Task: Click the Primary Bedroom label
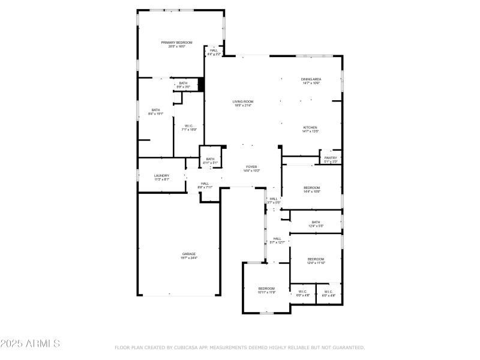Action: (x=176, y=44)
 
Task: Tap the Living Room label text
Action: (x=243, y=104)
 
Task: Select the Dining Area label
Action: (x=310, y=81)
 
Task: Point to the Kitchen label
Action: (x=310, y=129)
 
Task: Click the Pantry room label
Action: (x=331, y=160)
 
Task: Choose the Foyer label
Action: (x=251, y=169)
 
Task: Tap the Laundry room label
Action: (x=161, y=178)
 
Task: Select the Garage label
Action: (x=189, y=256)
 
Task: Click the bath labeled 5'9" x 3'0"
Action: (x=183, y=85)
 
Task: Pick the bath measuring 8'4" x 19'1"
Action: (x=156, y=112)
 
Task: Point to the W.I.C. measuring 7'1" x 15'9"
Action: (x=189, y=127)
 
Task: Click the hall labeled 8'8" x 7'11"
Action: (x=205, y=185)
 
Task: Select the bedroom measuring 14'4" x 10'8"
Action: (x=311, y=190)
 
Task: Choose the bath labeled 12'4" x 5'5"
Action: (x=316, y=224)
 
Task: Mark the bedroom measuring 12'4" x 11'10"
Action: (x=316, y=261)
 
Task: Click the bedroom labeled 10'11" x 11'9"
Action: (x=266, y=290)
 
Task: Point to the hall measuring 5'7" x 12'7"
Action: (x=277, y=240)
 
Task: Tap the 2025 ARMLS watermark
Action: (x=30, y=344)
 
